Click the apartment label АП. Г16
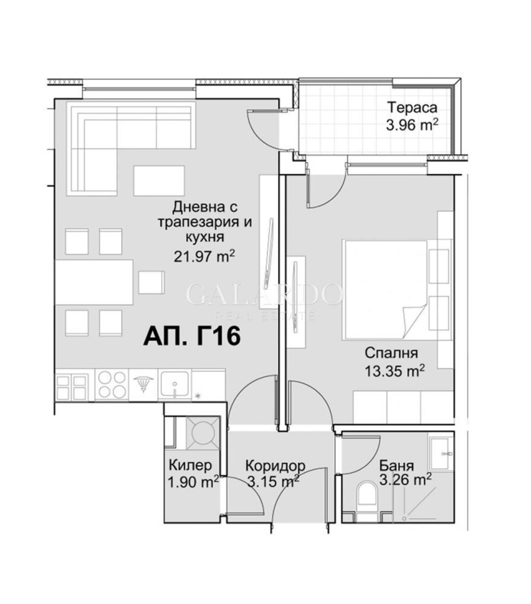click(x=192, y=336)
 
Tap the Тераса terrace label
click(x=413, y=108)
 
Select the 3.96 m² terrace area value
click(x=412, y=125)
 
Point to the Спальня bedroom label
click(x=391, y=354)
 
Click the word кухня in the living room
click(x=205, y=237)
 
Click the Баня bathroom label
click(x=396, y=466)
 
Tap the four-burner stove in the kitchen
click(x=112, y=385)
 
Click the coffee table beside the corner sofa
click(x=159, y=181)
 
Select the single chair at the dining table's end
click(x=151, y=282)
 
